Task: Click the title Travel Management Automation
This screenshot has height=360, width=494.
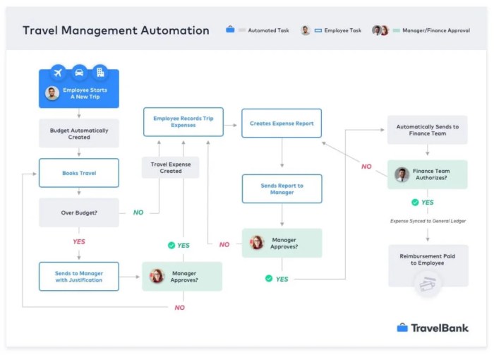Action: [x=116, y=30]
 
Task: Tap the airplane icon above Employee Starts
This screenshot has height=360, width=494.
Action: [x=58, y=72]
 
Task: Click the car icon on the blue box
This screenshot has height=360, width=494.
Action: [x=79, y=72]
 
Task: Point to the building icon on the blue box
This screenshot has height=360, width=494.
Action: [x=100, y=72]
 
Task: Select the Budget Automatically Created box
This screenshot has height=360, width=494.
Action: [x=79, y=133]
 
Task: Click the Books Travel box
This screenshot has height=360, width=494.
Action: [x=79, y=172]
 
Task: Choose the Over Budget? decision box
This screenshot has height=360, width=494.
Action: [x=79, y=212]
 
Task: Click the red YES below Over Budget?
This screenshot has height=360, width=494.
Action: [x=79, y=241]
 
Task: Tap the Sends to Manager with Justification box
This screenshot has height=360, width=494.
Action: [x=79, y=276]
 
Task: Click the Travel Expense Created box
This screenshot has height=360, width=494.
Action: [x=170, y=167]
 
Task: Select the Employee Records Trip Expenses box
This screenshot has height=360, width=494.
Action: [x=183, y=122]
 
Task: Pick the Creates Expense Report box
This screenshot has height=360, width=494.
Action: [x=282, y=123]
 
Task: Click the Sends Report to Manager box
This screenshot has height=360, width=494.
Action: [x=282, y=189]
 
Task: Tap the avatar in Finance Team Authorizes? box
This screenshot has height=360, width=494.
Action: [x=402, y=174]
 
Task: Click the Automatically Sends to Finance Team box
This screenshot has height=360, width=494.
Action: [x=427, y=130]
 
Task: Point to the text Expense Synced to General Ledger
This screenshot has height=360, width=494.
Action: [x=428, y=221]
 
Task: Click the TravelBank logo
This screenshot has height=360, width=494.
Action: [x=432, y=328]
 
